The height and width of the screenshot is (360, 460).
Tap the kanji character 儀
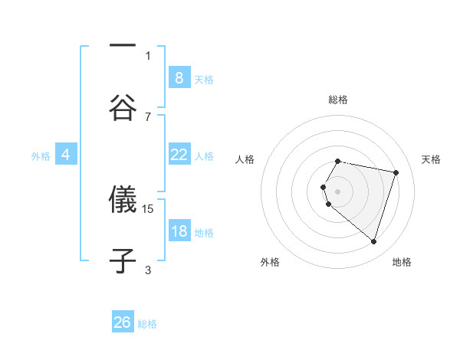[123, 201]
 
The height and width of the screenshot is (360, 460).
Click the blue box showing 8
[179, 77]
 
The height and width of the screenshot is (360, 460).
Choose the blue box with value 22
[179, 155]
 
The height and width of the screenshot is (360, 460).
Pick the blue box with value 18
[179, 231]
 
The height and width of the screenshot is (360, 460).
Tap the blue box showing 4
[66, 155]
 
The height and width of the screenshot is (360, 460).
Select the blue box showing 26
[123, 322]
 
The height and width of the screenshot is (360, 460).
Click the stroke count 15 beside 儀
[149, 208]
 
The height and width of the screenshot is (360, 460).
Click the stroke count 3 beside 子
[148, 270]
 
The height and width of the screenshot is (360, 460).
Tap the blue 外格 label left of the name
[41, 155]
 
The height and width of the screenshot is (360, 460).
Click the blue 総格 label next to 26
[147, 324]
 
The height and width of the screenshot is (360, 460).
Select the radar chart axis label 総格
[338, 100]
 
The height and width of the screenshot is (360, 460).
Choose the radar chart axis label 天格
[431, 159]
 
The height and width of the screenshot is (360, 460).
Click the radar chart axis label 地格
[402, 262]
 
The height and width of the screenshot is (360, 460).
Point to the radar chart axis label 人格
[245, 159]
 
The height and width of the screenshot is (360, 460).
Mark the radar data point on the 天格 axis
[396, 172]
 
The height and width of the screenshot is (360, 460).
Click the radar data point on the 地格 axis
[373, 241]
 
